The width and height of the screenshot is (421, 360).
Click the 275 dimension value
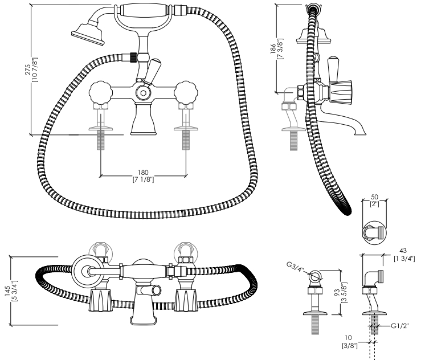point(28,69)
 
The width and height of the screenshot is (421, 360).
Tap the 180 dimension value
point(143,172)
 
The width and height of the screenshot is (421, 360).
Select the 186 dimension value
point(273,49)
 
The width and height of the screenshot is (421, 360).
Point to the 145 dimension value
point(7,291)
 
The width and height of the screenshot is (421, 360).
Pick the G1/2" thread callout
point(399,326)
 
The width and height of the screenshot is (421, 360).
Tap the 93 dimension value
point(338,293)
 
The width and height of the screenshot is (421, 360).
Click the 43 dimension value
point(403,251)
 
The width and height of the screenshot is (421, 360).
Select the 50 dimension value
point(374,197)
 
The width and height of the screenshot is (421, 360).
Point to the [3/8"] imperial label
point(350,346)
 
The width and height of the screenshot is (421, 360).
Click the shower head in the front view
point(88,33)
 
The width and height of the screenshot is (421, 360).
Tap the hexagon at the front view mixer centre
point(143,93)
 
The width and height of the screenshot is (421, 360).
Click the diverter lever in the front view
point(152,71)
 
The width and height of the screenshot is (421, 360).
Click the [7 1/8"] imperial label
point(144,179)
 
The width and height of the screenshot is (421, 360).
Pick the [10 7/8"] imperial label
point(35,70)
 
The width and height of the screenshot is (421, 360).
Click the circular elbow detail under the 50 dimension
point(374,233)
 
